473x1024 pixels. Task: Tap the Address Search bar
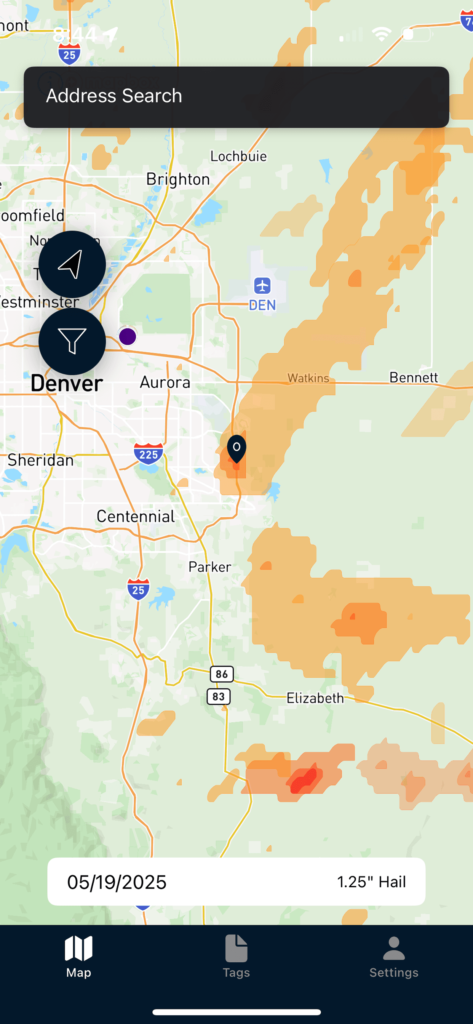pyautogui.click(x=236, y=97)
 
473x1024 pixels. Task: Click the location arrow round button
pyautogui.click(x=72, y=264)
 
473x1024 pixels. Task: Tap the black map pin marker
pyautogui.click(x=237, y=448)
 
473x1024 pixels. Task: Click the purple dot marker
pyautogui.click(x=128, y=337)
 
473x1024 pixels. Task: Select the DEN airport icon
pyautogui.click(x=262, y=285)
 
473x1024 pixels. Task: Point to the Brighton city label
pyautogui.click(x=178, y=179)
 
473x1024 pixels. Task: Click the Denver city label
pyautogui.click(x=67, y=384)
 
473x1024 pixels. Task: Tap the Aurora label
pyautogui.click(x=165, y=382)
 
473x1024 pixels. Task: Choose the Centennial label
pyautogui.click(x=136, y=516)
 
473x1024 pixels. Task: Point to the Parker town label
pyautogui.click(x=209, y=567)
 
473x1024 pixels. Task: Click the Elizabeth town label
pyautogui.click(x=315, y=698)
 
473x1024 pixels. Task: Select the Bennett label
pyautogui.click(x=413, y=377)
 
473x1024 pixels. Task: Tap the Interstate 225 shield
pyautogui.click(x=148, y=454)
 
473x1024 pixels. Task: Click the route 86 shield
pyautogui.click(x=222, y=674)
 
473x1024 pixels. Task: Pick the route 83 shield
pyautogui.click(x=219, y=696)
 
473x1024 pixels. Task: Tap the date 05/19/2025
pyautogui.click(x=117, y=882)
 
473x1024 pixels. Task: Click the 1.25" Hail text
pyautogui.click(x=371, y=882)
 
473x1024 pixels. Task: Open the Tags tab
pyautogui.click(x=236, y=957)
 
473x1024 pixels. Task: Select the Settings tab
pyautogui.click(x=393, y=957)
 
